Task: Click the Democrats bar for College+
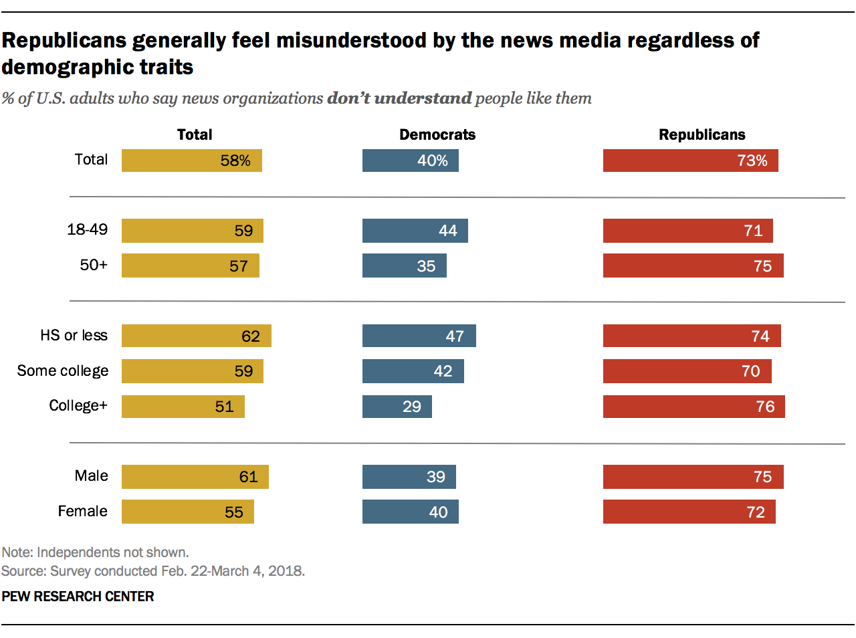click(397, 407)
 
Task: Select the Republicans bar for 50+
click(693, 265)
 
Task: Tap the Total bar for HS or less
click(196, 336)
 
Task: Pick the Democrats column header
click(437, 134)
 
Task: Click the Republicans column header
click(702, 134)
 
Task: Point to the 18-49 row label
click(87, 229)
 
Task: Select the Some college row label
click(63, 370)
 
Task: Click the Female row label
click(82, 511)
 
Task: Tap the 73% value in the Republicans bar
click(752, 161)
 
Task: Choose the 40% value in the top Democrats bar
click(433, 161)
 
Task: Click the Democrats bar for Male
click(409, 477)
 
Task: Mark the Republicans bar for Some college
click(687, 371)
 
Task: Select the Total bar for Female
click(187, 512)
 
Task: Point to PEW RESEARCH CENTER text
click(78, 597)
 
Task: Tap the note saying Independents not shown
click(95, 552)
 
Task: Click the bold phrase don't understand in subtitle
click(399, 98)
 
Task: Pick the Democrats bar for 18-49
click(415, 231)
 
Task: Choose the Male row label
click(91, 475)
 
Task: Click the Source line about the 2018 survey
click(152, 571)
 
